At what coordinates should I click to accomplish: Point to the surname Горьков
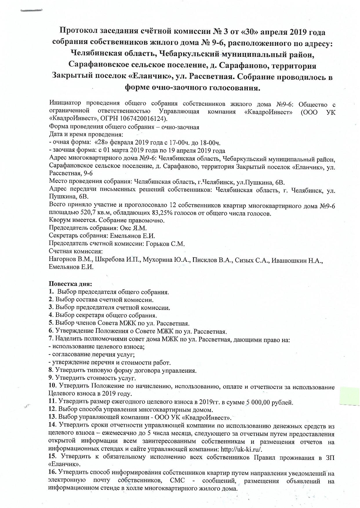(x=157, y=244)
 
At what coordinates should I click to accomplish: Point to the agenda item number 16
(x=52, y=473)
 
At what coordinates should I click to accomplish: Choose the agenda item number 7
(x=51, y=339)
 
